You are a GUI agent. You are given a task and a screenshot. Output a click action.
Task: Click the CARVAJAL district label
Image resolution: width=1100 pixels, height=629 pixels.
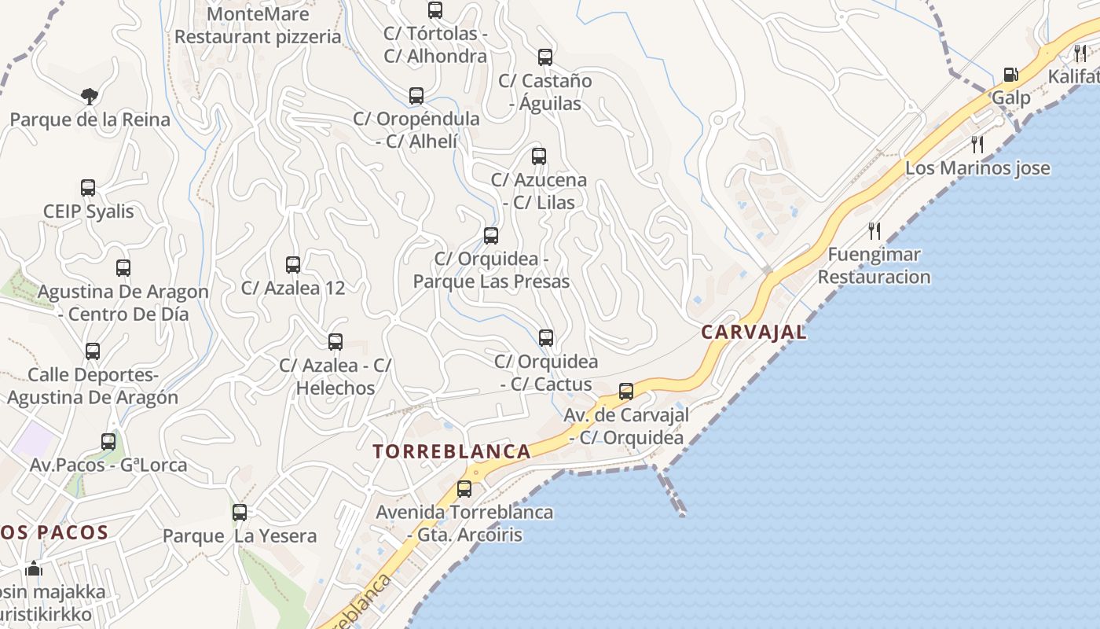[753, 332]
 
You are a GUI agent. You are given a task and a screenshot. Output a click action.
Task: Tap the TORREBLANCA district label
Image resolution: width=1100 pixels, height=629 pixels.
[452, 451]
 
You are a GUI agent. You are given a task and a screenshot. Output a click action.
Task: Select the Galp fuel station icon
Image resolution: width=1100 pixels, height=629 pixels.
[1010, 75]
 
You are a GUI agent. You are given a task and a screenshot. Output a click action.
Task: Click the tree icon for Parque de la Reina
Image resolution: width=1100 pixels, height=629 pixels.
[90, 96]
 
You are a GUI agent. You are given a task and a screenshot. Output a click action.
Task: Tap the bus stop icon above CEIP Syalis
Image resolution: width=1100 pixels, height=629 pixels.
[88, 188]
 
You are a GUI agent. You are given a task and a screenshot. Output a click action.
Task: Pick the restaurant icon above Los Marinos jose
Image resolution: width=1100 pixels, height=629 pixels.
[977, 144]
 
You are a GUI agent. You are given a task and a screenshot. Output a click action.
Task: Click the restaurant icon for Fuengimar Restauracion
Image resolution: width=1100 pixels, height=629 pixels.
[874, 230]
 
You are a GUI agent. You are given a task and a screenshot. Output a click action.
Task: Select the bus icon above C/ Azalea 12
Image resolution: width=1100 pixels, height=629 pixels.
[293, 264]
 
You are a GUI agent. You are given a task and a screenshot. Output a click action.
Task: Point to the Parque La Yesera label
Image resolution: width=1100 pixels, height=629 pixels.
[240, 536]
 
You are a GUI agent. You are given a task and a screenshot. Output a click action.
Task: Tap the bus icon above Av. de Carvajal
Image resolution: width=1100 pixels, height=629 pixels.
[626, 391]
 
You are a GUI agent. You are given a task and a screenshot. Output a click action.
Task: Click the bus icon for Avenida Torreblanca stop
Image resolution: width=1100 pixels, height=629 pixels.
[464, 488]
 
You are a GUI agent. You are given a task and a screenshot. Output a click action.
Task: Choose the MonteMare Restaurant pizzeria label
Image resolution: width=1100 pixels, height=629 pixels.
[258, 25]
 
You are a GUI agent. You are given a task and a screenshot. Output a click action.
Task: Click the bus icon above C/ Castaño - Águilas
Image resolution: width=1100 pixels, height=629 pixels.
[545, 57]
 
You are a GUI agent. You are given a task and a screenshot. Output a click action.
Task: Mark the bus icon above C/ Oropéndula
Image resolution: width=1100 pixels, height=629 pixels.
[416, 96]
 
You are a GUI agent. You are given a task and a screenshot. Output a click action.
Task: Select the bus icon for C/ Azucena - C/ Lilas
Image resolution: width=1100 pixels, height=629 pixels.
[539, 156]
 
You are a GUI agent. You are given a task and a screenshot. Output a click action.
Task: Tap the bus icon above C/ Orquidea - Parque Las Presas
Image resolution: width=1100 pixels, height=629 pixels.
[491, 235]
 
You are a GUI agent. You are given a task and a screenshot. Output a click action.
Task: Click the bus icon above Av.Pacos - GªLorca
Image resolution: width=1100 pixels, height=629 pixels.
[108, 441]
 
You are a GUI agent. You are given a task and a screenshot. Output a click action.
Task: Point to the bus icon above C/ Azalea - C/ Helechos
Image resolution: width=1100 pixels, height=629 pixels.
[335, 341]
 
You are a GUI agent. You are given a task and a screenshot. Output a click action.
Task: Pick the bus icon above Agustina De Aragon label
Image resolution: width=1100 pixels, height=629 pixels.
[123, 267]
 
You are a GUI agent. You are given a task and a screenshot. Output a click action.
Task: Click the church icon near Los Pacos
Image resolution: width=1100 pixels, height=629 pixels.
[34, 568]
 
